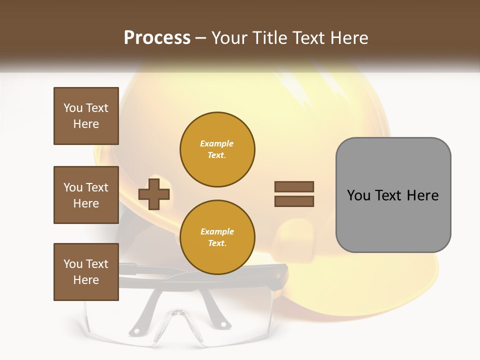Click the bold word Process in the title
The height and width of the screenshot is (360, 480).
coord(157,38)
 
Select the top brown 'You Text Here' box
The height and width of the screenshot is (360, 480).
coord(86,116)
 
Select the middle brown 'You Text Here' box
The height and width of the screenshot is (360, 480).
coord(86,195)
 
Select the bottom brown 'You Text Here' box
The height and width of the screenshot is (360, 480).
coord(86,272)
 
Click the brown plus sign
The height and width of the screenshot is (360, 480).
coord(154,194)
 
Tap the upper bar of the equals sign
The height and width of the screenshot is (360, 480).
coord(294,186)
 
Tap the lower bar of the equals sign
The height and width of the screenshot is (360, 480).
coord(294,201)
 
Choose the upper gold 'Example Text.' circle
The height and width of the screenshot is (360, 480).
coord(217,149)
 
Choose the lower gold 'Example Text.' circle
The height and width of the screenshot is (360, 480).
coord(217,237)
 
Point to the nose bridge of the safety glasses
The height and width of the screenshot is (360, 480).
coord(177,315)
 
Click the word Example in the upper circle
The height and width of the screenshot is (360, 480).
coord(217,143)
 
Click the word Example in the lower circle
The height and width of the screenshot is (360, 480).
coord(217,231)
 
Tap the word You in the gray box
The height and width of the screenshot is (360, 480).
coord(359,195)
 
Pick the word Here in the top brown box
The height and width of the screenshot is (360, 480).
coord(86,124)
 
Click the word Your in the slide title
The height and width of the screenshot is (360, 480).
coord(230,38)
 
